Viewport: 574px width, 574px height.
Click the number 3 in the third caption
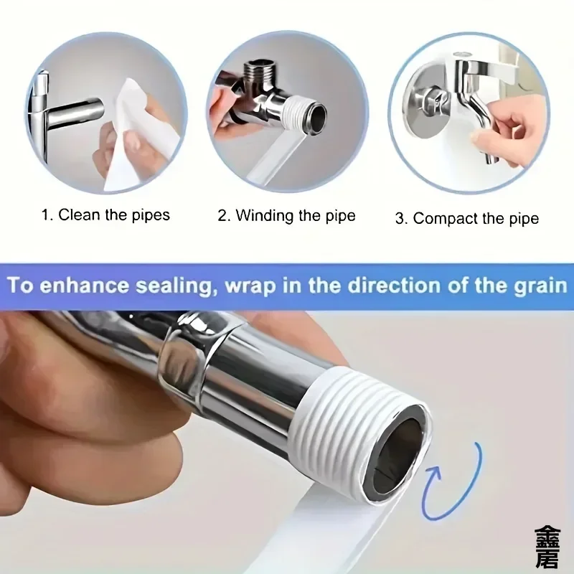[400, 219]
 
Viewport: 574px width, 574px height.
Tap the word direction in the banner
[393, 285]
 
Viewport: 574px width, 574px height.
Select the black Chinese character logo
[547, 547]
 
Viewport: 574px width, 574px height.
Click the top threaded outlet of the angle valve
[259, 71]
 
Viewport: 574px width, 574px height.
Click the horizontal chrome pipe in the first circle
[75, 113]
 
